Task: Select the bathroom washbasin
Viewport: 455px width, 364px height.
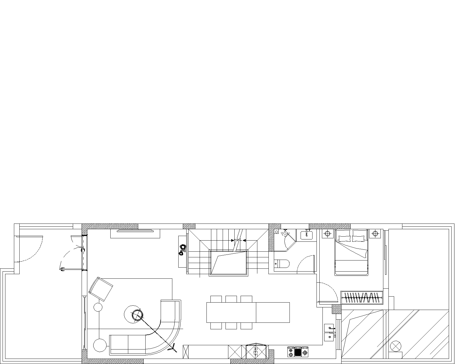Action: click(x=306, y=235)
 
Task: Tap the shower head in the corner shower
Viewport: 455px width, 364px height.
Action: click(x=285, y=233)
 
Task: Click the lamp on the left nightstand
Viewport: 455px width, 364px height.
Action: click(x=327, y=234)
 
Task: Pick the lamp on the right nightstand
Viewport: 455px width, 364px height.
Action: click(x=375, y=234)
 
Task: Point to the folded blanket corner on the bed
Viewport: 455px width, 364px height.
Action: click(x=363, y=253)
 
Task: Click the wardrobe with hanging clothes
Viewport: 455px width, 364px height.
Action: click(x=362, y=298)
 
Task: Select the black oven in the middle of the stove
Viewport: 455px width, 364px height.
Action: click(x=298, y=352)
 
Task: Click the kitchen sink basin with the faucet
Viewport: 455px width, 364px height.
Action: click(x=329, y=328)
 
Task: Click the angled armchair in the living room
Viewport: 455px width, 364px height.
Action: click(x=101, y=289)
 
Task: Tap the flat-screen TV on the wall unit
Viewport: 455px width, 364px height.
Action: click(x=135, y=231)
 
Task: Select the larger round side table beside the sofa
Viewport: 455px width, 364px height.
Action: click(x=100, y=345)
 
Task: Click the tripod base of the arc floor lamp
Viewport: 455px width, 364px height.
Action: click(x=172, y=347)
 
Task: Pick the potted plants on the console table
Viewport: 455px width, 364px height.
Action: click(x=182, y=250)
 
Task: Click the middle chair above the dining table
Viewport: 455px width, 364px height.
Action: click(x=231, y=299)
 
